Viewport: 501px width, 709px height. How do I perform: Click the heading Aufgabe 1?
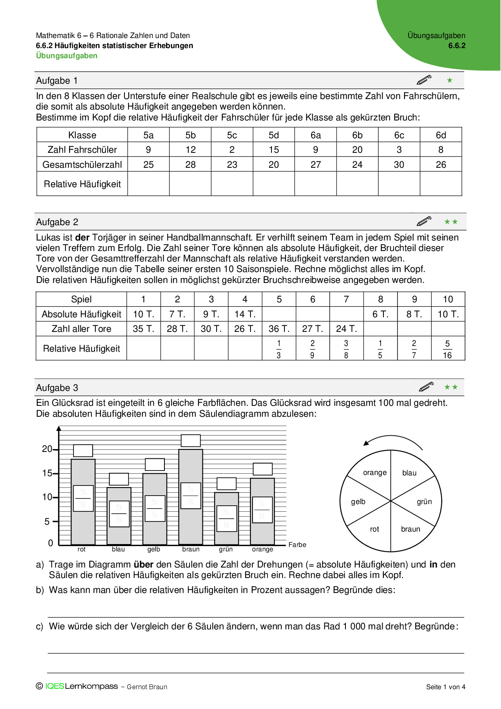pos(57,80)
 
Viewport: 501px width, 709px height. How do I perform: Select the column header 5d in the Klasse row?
pos(274,135)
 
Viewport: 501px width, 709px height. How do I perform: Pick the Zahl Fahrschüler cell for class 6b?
pos(357,150)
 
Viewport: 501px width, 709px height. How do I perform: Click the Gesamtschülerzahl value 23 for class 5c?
pos(232,165)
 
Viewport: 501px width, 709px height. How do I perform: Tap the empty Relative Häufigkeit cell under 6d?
pos(441,184)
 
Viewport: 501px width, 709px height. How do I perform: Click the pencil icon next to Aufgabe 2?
pos(424,222)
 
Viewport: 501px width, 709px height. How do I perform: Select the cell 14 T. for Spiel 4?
pos(245,314)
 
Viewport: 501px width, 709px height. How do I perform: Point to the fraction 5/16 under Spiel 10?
pos(447,349)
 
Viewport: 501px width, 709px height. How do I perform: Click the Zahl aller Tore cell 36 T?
pos(279,329)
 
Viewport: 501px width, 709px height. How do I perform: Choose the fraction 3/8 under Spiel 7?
pos(346,349)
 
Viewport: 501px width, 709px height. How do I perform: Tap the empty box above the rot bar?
pos(83,451)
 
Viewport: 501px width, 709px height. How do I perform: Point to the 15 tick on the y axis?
pos(47,473)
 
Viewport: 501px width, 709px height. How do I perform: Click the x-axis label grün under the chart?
pos(226,549)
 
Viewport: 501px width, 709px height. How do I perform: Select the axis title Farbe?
pos(297,544)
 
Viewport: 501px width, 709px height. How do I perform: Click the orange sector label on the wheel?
pos(375,473)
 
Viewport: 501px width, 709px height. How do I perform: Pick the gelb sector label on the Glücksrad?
pos(358,502)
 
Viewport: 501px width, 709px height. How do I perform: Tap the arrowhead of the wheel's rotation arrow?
pos(366,443)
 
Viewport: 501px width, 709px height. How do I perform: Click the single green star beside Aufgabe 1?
pos(450,80)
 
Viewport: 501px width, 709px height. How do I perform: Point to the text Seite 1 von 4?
pos(446,687)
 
